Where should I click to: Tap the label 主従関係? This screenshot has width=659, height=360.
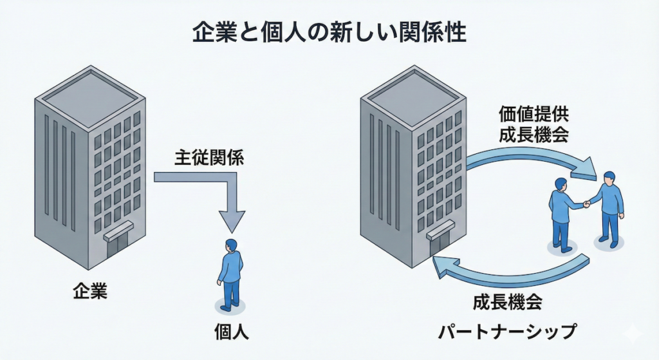pyautogui.click(x=209, y=158)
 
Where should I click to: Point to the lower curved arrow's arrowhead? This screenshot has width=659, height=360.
pyautogui.click(x=445, y=264)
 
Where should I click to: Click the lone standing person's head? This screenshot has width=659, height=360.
pyautogui.click(x=230, y=245)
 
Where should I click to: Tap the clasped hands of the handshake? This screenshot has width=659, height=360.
pyautogui.click(x=586, y=204)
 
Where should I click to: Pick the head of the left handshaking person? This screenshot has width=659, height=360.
pyautogui.click(x=561, y=184)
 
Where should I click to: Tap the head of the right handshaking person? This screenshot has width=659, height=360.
pyautogui.click(x=609, y=177)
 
